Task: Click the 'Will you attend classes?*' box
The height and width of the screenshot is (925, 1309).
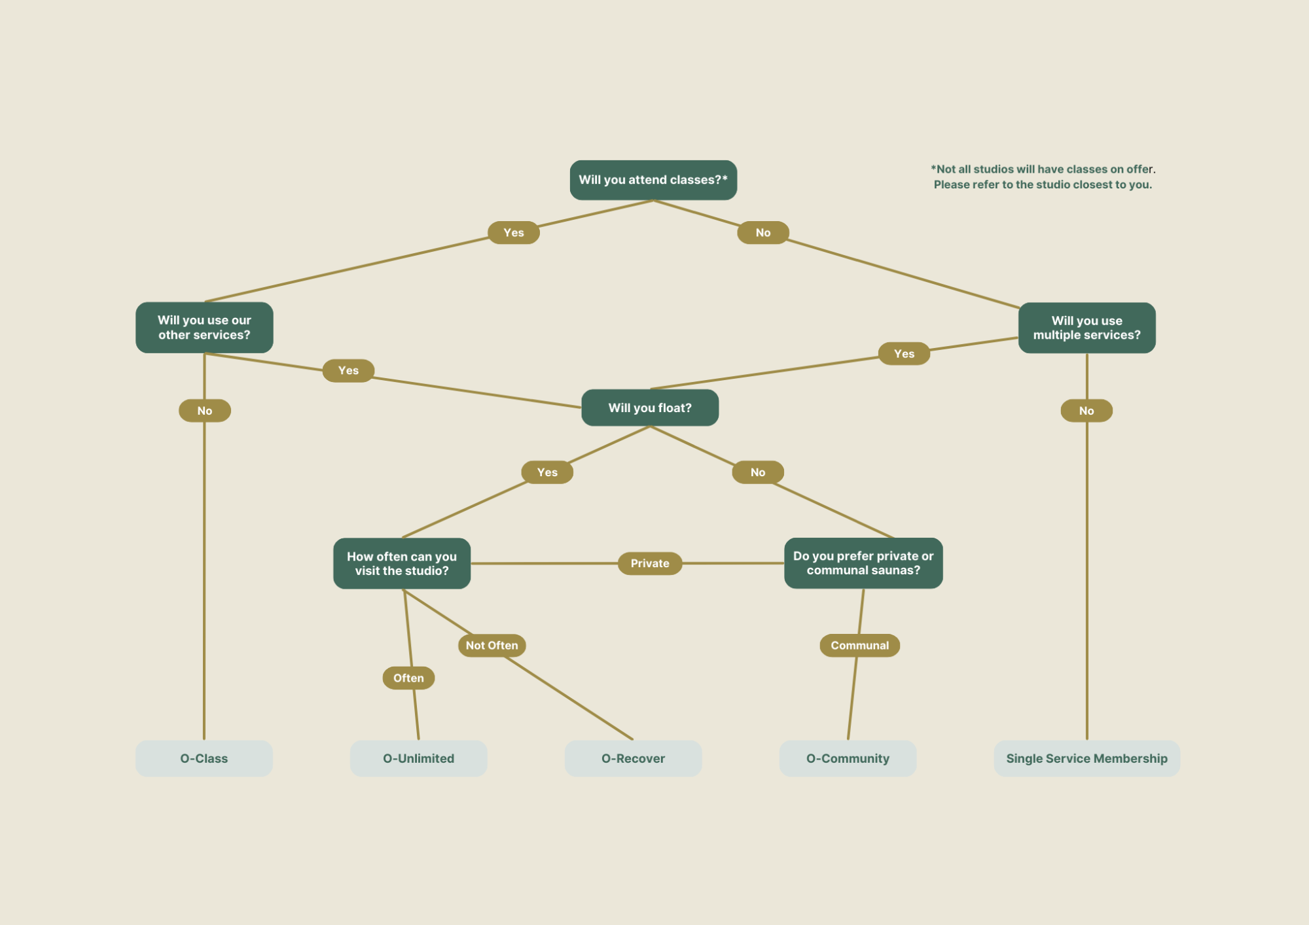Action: [x=653, y=180]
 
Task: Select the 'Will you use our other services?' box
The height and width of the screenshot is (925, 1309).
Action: [x=204, y=327]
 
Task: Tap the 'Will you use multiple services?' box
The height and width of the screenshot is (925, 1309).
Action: [x=1086, y=328]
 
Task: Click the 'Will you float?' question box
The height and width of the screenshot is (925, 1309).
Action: [x=650, y=408]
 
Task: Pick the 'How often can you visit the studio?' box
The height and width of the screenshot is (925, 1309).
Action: [x=402, y=563]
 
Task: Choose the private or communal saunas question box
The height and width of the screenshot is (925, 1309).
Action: [x=863, y=563]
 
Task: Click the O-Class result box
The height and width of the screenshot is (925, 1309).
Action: [x=204, y=758]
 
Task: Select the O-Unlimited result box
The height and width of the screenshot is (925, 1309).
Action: [x=419, y=758]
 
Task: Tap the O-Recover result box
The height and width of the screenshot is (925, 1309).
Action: [x=633, y=758]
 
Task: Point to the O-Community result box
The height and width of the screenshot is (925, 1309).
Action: [x=848, y=758]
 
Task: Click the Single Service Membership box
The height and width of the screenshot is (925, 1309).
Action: [x=1086, y=758]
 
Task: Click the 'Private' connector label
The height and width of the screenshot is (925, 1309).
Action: [x=650, y=563]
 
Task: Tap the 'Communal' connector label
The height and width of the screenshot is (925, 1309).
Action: [x=859, y=645]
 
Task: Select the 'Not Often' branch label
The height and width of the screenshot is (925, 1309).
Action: [x=492, y=645]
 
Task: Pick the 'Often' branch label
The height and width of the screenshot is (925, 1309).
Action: [x=408, y=678]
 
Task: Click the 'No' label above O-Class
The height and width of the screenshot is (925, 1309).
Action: [x=205, y=411]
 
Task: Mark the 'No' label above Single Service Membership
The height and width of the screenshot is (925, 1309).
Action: [x=1086, y=411]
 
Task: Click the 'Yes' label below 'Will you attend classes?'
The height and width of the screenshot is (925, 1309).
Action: [x=514, y=232]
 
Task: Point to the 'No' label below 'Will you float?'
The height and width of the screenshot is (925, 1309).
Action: [x=758, y=472]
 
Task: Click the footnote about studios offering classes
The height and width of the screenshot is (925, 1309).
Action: [x=1043, y=177]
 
